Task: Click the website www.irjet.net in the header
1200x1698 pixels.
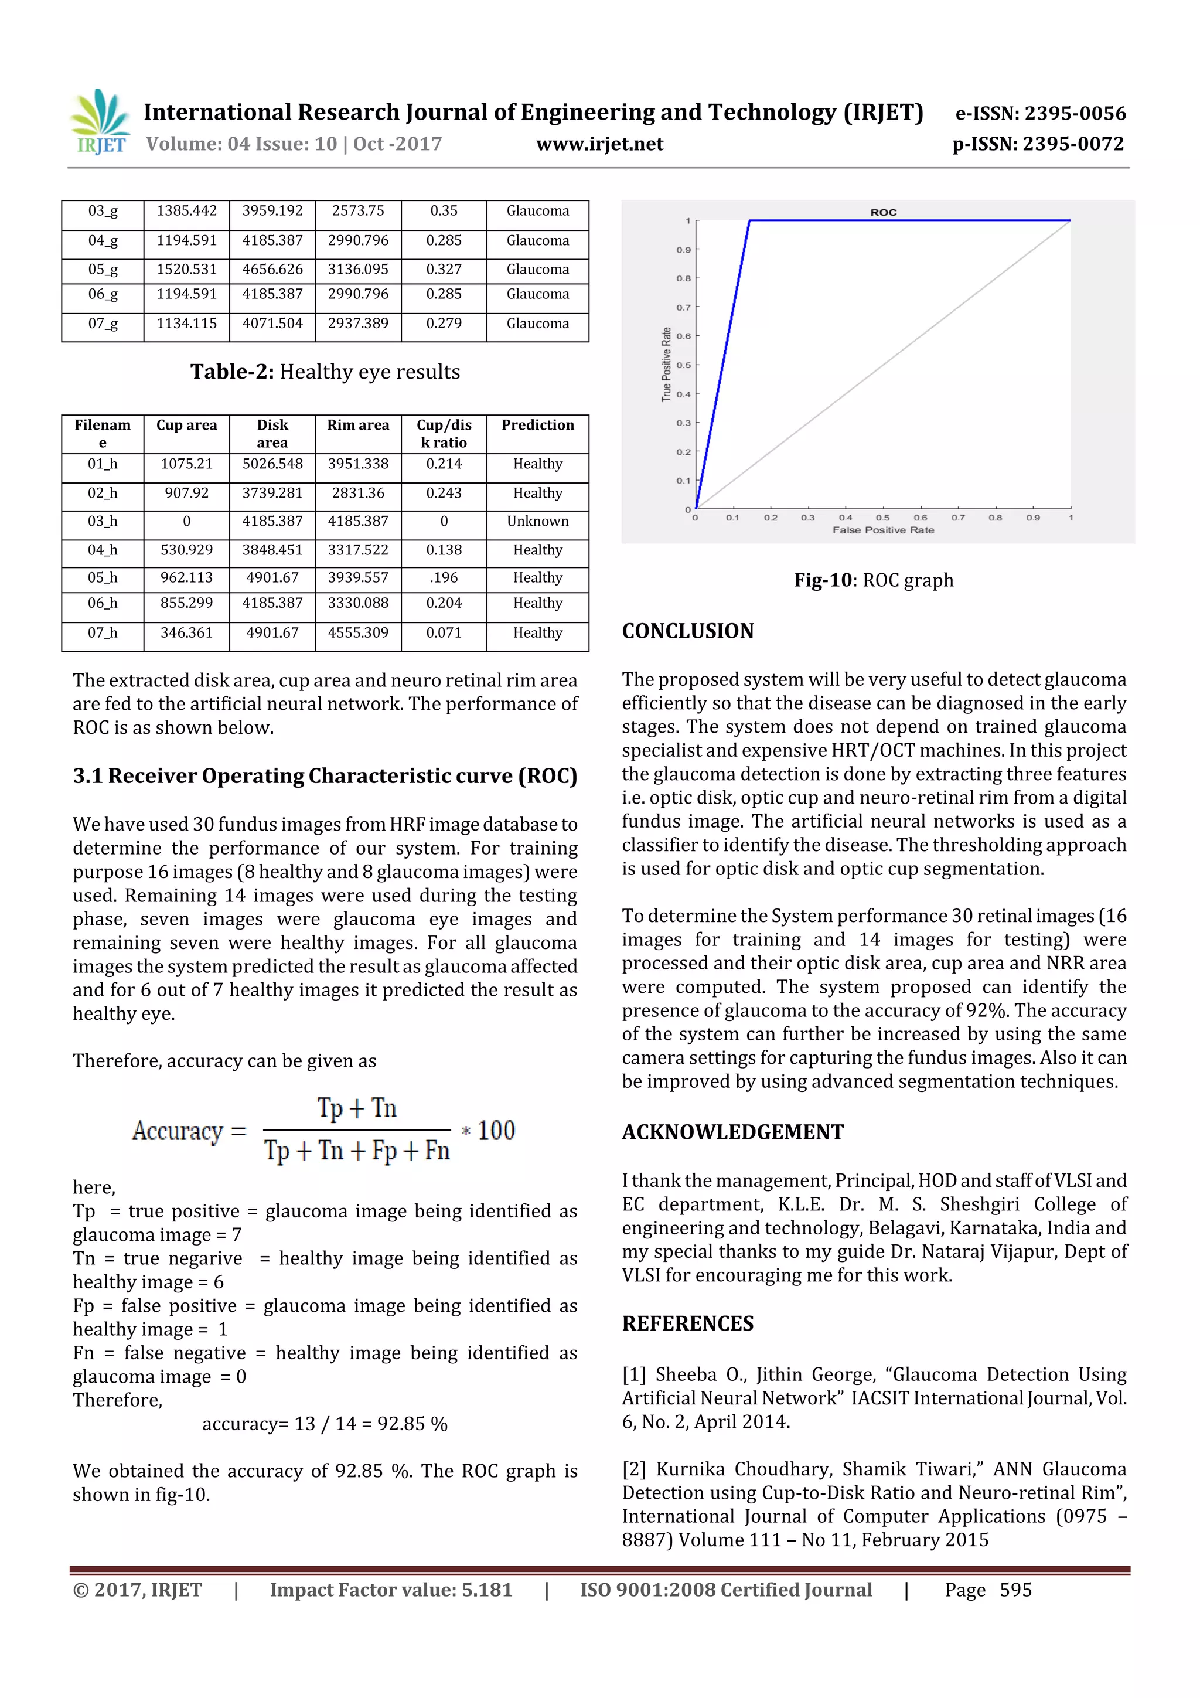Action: point(599,144)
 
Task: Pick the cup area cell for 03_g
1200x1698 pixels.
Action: point(186,211)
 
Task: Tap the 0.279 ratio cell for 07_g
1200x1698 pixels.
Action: point(444,323)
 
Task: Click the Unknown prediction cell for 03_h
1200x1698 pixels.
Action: point(537,522)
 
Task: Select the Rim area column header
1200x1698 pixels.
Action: point(358,426)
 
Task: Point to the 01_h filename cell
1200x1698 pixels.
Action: point(102,464)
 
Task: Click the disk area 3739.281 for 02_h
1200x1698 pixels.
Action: point(272,494)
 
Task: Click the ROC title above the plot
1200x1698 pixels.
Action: point(883,212)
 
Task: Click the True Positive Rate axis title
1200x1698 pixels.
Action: point(666,365)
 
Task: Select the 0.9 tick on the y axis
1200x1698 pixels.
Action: point(683,250)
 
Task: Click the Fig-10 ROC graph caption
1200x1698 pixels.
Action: point(873,580)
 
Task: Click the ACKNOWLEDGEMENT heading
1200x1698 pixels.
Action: point(732,1132)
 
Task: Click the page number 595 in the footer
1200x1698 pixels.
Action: point(1015,1590)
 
